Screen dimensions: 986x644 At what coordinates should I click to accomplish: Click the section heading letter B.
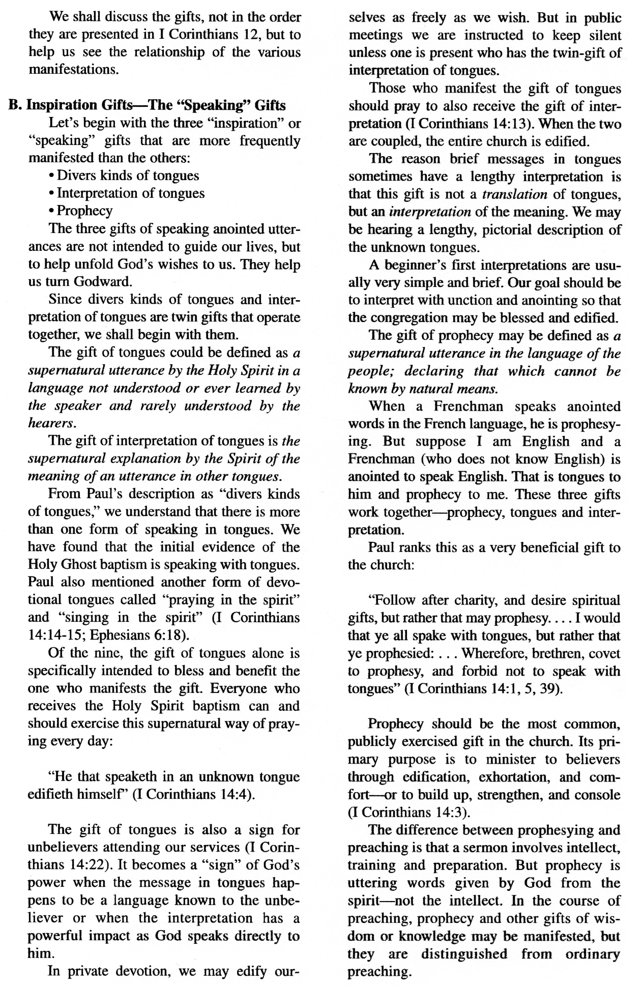[x=14, y=105]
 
